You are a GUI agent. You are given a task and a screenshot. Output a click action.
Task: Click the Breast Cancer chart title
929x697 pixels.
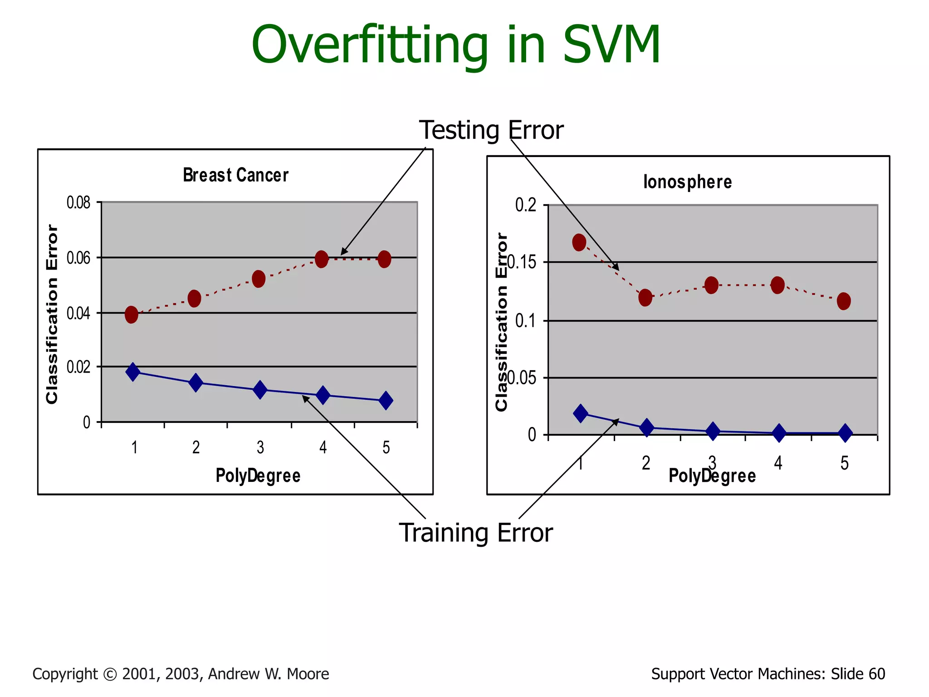[x=235, y=175]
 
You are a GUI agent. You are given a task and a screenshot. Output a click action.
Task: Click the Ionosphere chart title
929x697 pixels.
[x=687, y=182]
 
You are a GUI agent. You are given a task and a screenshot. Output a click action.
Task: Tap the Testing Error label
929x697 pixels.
[x=491, y=130]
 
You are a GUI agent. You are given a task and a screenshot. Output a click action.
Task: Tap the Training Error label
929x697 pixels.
[x=475, y=533]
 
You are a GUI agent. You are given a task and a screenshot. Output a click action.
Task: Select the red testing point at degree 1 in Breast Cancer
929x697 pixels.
[x=132, y=314]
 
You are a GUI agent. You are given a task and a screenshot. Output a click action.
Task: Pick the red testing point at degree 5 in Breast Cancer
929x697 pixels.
[x=384, y=259]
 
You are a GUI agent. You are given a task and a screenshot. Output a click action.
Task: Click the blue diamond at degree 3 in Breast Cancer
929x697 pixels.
[x=260, y=389]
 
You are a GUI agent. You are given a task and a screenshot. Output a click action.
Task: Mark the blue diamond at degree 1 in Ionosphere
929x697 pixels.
[x=581, y=413]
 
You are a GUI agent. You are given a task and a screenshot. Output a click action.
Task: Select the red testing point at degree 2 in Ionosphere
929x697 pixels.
[x=645, y=298]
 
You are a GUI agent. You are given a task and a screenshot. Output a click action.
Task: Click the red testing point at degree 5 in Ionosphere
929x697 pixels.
[x=844, y=301]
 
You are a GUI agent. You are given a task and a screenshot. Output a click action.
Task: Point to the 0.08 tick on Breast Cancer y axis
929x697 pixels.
[x=78, y=202]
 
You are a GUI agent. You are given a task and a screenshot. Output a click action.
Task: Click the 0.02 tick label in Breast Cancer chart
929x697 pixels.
[x=78, y=367]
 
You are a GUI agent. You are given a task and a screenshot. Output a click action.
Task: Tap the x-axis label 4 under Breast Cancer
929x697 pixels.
[x=323, y=447]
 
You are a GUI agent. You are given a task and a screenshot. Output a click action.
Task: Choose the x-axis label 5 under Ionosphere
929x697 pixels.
[x=844, y=463]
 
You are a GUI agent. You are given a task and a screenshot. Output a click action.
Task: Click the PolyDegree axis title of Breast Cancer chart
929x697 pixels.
[x=258, y=476]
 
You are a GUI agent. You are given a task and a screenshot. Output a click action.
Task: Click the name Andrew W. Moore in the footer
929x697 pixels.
[x=269, y=674]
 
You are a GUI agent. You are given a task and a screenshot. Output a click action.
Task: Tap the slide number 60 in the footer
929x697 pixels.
[x=877, y=674]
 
